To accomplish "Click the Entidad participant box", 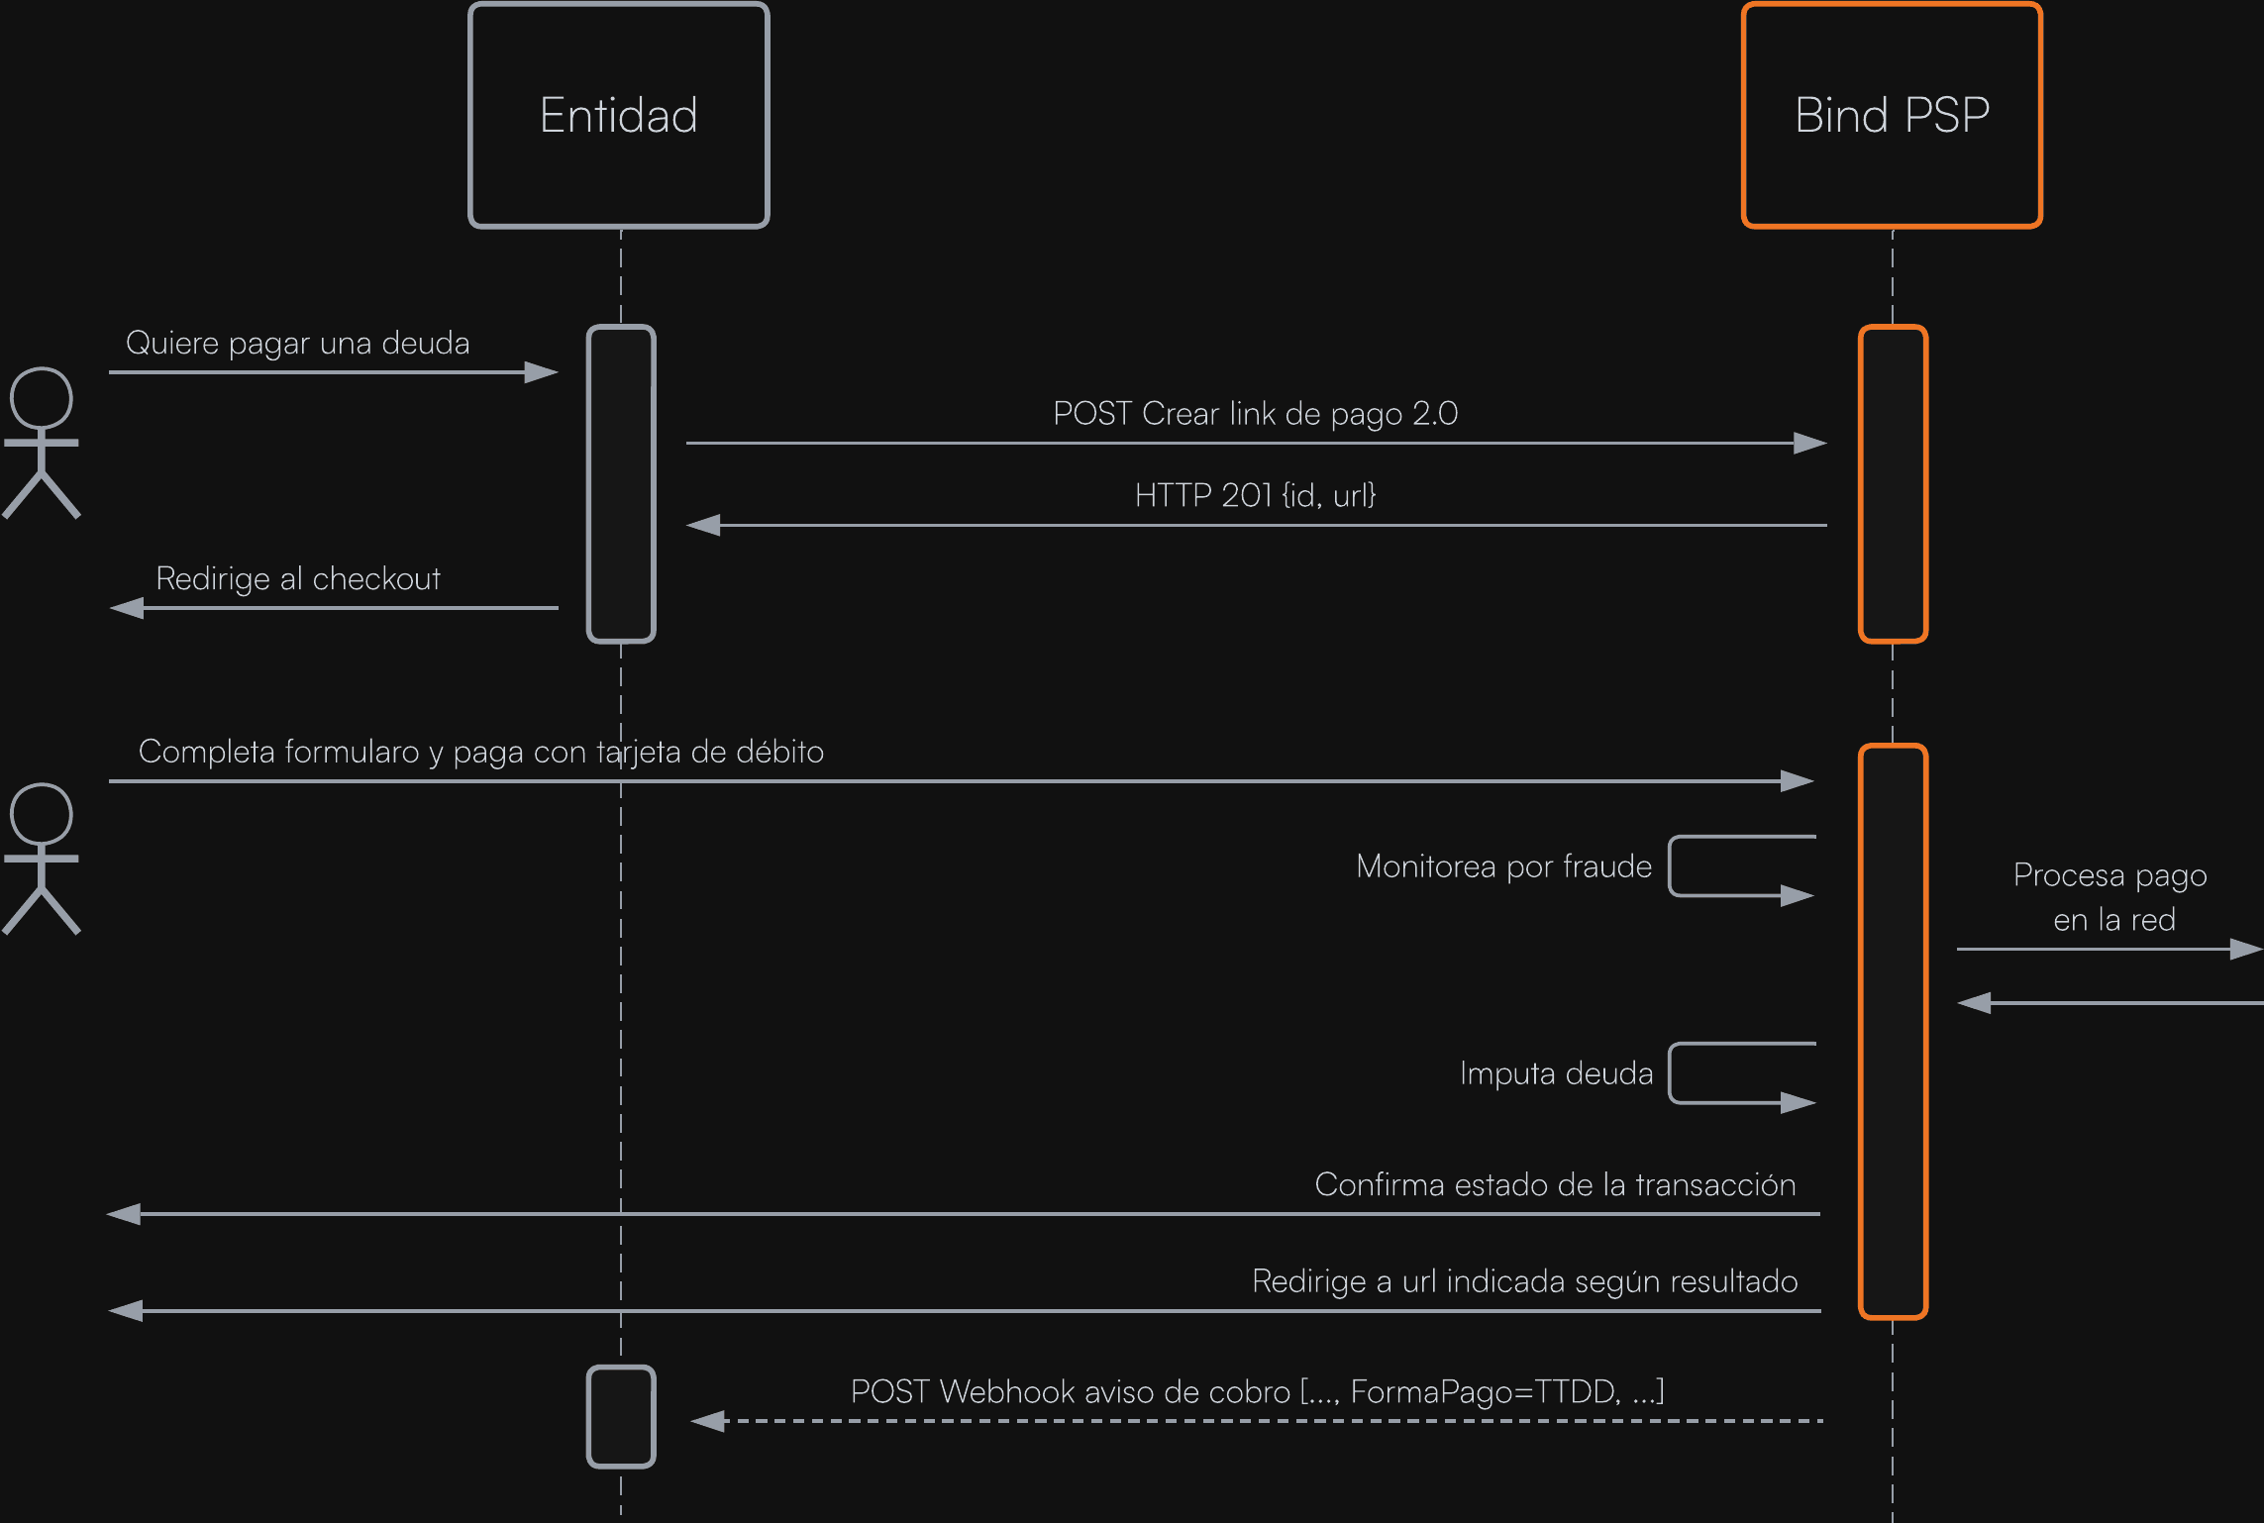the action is (x=619, y=115).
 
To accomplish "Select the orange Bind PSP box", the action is (x=1892, y=115).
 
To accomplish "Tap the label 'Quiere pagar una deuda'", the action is (x=297, y=344).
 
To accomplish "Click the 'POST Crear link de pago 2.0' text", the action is (x=1255, y=414).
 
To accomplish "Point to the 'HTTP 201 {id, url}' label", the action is (x=1255, y=495).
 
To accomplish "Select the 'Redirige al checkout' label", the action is (x=298, y=579).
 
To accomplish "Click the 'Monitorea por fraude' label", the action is (x=1503, y=866).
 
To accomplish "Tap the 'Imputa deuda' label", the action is (x=1556, y=1073).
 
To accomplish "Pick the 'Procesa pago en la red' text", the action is (x=2111, y=897).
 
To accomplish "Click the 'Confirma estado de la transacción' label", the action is (x=1555, y=1184).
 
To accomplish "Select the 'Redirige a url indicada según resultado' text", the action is (x=1525, y=1281).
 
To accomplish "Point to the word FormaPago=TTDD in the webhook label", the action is (x=1486, y=1392).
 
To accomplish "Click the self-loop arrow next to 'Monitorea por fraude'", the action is (x=1670, y=866).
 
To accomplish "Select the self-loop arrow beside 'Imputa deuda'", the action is (x=1670, y=1073).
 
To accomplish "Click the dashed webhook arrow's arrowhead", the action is (x=707, y=1421).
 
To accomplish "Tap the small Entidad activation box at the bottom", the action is (x=621, y=1416).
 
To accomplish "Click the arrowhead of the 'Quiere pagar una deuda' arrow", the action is (x=542, y=372).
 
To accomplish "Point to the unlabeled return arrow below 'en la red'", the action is (x=2110, y=1003).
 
